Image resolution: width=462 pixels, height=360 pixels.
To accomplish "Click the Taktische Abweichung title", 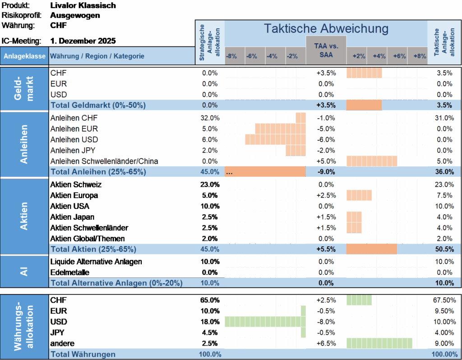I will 326,28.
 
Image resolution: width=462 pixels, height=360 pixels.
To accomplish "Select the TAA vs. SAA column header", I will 326,50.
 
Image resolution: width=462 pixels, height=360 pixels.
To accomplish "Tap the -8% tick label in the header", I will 231,56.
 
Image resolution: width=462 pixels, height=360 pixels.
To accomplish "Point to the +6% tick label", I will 399,56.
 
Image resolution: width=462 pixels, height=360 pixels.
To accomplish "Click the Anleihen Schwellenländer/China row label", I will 104,161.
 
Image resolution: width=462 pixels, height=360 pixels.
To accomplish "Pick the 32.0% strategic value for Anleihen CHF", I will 209,118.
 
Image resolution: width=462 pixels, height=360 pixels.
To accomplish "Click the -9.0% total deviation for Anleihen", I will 326,172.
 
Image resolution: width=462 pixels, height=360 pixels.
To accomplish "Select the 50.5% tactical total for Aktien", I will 444,249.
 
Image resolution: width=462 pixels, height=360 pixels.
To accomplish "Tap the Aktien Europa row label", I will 74,195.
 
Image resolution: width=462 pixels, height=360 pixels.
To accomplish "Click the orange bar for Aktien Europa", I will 359,195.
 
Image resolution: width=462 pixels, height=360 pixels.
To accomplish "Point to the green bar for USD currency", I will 265,322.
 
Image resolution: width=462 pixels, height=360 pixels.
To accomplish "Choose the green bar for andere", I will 379,343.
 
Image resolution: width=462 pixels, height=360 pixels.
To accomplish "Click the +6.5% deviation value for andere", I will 326,343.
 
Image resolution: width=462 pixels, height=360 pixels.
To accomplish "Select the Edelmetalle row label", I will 70,272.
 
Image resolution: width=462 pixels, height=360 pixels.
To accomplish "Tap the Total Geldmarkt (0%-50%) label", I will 98,105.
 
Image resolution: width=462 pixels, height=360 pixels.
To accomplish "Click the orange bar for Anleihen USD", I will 275,139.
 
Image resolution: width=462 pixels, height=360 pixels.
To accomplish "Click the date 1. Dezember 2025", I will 83,41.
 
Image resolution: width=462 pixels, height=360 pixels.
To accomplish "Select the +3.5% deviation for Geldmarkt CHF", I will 326,73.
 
